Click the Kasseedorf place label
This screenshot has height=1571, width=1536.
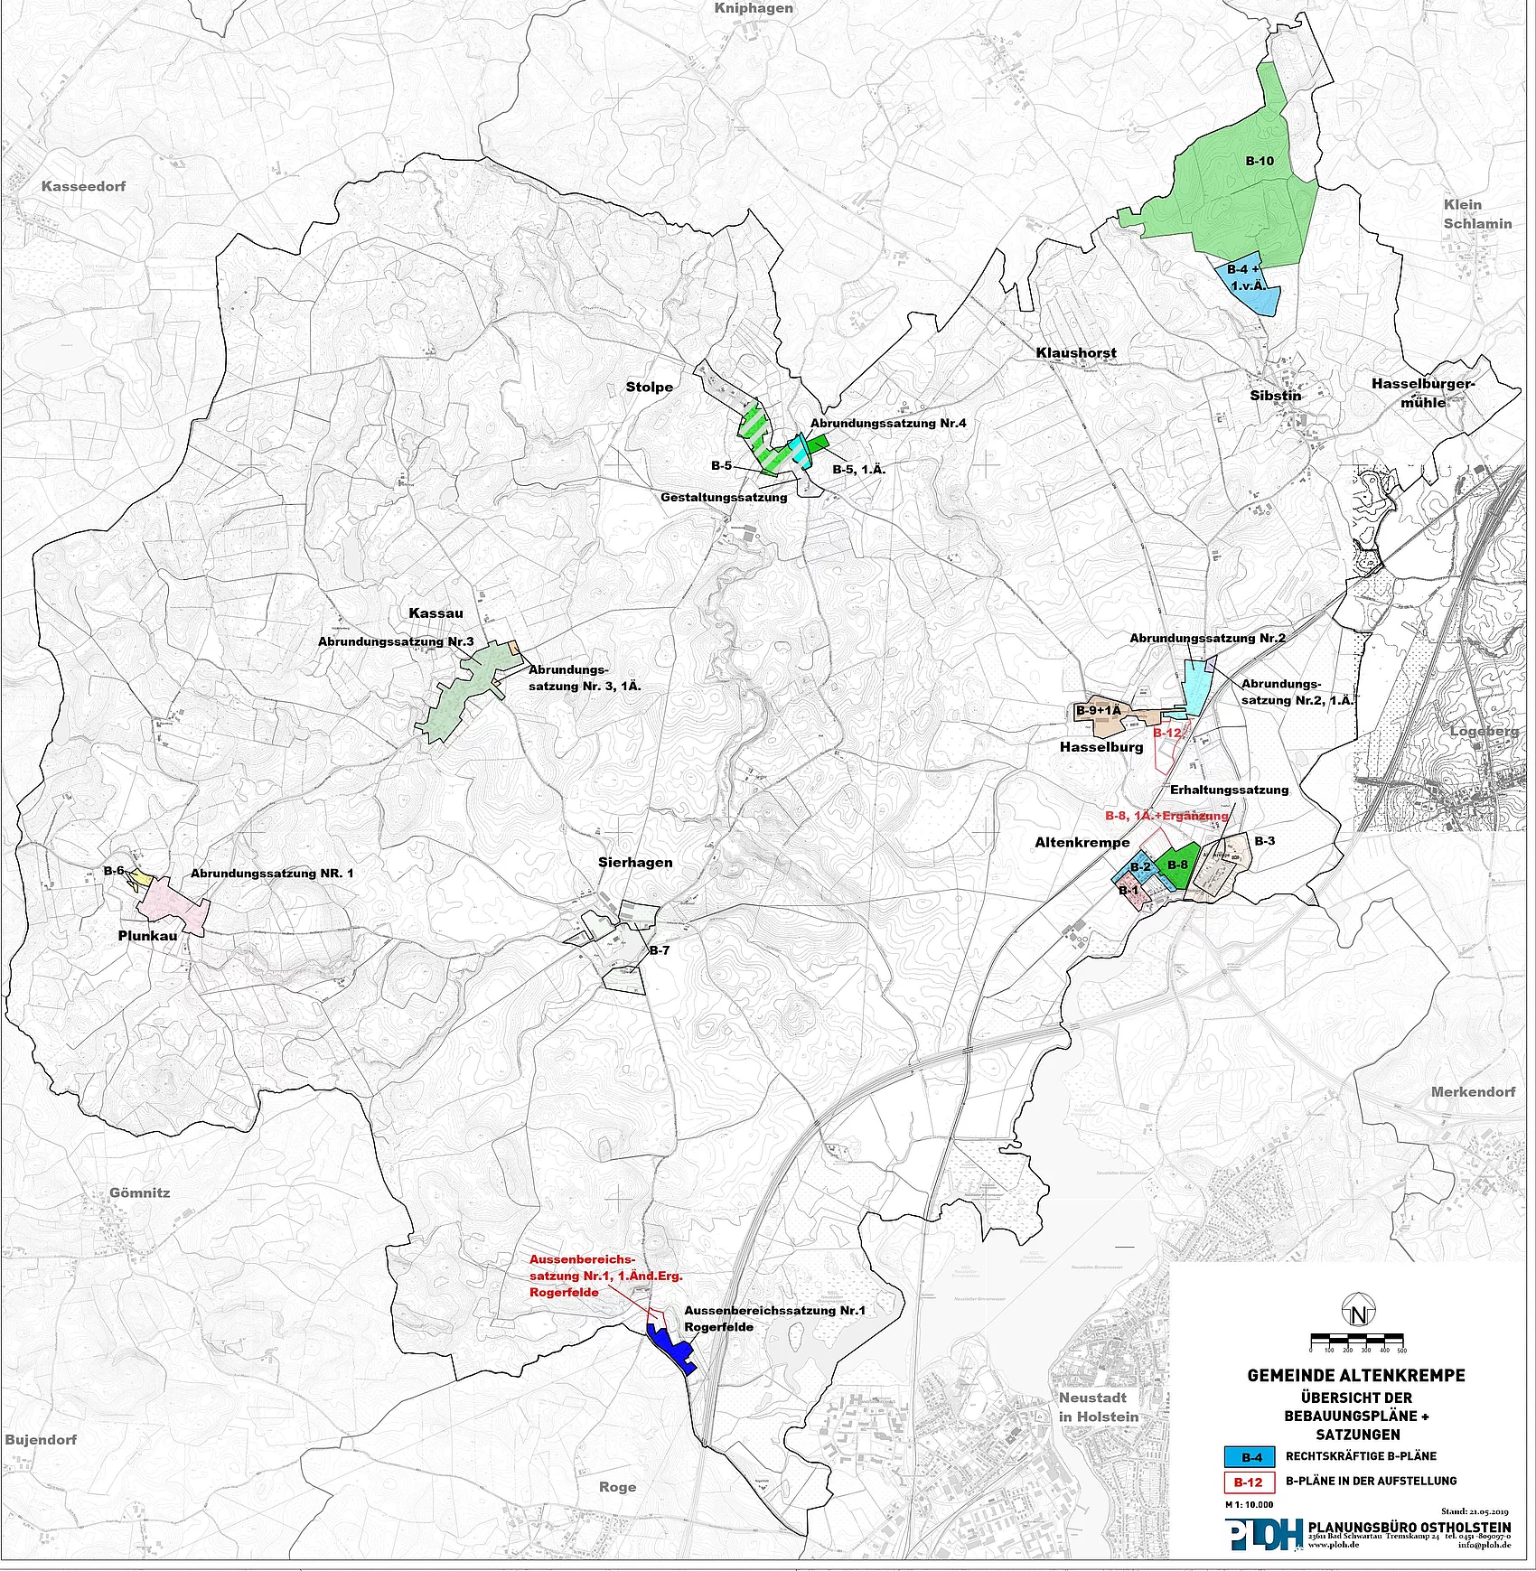click(84, 186)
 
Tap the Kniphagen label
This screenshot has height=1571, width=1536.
click(754, 8)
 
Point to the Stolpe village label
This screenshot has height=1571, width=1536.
click(649, 387)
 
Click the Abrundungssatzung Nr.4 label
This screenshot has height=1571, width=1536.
click(888, 423)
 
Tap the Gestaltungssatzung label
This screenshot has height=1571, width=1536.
click(723, 497)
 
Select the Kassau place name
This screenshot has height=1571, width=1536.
click(436, 613)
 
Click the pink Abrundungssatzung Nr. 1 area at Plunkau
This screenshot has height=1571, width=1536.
click(176, 903)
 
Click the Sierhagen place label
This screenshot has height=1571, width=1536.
click(635, 862)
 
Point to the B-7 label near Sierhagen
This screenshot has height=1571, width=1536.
click(659, 950)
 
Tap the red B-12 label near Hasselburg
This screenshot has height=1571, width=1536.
click(1168, 733)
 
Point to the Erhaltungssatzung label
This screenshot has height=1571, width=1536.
click(1229, 790)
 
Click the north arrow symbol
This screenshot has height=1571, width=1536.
click(1357, 1312)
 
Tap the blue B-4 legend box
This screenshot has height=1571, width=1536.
click(1250, 1457)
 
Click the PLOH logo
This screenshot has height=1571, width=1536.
click(1264, 1534)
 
